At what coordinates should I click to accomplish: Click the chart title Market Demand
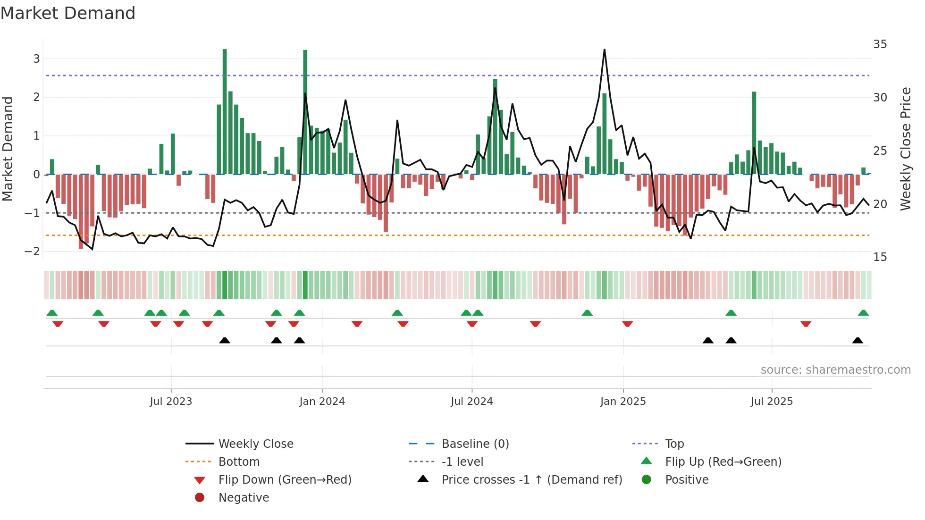coord(68,13)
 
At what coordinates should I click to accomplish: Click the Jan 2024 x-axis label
coord(322,402)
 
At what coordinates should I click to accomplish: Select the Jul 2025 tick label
coord(772,402)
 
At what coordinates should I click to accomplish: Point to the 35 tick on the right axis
coord(880,44)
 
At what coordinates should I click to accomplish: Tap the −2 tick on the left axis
coord(33,252)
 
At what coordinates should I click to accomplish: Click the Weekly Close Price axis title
coord(905,149)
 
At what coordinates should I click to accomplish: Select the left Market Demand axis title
coord(8,149)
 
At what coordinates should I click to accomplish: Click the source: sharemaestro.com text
coord(835,370)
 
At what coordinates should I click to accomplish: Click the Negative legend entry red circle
coord(200,498)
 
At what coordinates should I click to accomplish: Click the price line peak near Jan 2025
coord(605,50)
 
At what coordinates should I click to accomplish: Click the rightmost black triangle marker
coord(858,341)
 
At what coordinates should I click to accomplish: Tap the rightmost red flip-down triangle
coord(806,324)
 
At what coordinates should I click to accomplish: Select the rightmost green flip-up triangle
coord(863,313)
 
